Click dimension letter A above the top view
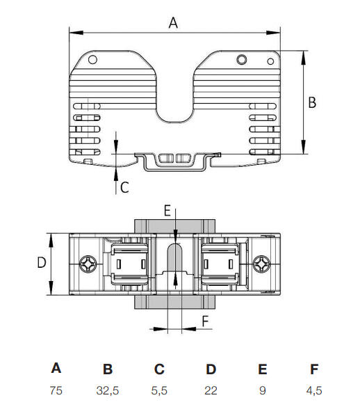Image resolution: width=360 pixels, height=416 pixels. [x=174, y=22]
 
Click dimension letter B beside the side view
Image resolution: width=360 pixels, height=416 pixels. [x=312, y=102]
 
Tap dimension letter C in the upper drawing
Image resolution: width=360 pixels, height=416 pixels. [x=124, y=186]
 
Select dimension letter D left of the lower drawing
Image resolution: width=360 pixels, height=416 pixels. [x=41, y=263]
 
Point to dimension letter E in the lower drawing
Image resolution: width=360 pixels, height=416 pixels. [x=167, y=209]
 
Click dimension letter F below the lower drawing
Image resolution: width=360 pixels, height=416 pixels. [x=204, y=321]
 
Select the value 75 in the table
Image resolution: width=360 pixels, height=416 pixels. [x=56, y=391]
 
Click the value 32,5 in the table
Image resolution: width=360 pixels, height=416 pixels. [x=107, y=391]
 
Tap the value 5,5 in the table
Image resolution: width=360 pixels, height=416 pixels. [x=159, y=391]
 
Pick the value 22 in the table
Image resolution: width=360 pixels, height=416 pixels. [x=211, y=391]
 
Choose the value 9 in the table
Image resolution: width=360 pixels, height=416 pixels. [x=262, y=391]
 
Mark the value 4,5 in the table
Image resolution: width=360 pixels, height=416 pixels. [x=313, y=391]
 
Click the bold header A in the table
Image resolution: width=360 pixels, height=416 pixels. [x=56, y=369]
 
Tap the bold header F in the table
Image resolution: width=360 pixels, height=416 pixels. [x=313, y=369]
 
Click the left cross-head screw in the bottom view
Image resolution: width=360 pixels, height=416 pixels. [x=88, y=265]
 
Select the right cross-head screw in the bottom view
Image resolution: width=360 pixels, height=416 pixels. [x=261, y=265]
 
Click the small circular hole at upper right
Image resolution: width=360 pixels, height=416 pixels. [x=241, y=59]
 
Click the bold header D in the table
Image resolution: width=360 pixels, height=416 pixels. [x=211, y=369]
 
